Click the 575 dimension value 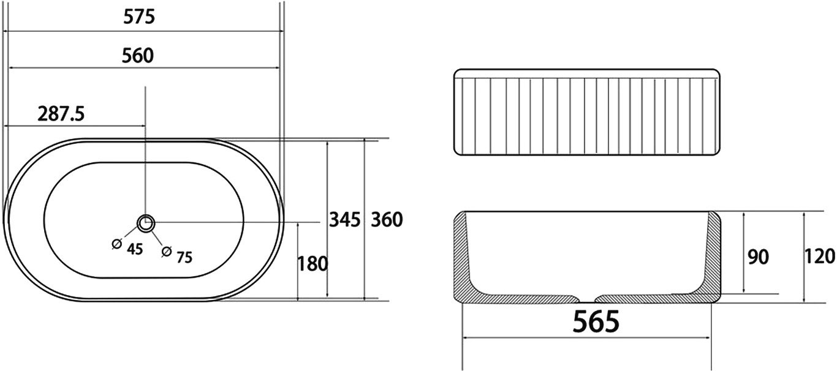click(x=139, y=17)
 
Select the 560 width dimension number click(x=137, y=56)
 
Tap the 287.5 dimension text click(x=61, y=114)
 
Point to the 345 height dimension click(x=344, y=219)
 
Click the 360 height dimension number click(x=387, y=219)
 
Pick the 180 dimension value click(x=312, y=264)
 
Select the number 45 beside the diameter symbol click(x=135, y=249)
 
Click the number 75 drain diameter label click(x=184, y=257)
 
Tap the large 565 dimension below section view click(x=596, y=321)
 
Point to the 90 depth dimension click(x=758, y=257)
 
